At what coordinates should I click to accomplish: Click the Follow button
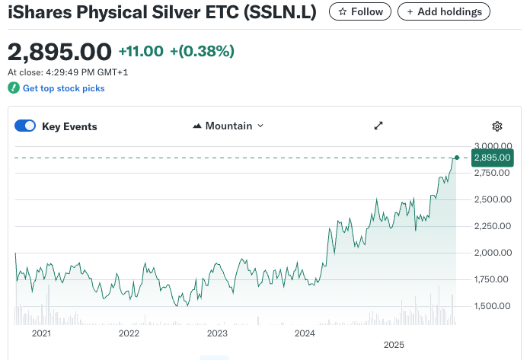(360, 12)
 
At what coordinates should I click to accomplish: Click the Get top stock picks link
(63, 88)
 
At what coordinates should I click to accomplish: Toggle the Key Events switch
(25, 126)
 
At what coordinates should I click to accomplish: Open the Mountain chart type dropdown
(228, 126)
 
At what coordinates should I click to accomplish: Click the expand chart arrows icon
(378, 126)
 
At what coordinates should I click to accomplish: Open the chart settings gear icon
(497, 126)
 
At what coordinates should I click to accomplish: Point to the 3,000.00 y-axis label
(490, 146)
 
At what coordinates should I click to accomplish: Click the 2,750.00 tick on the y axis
(490, 173)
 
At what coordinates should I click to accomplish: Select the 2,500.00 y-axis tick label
(490, 199)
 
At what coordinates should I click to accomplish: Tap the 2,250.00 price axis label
(490, 226)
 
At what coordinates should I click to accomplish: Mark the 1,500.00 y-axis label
(490, 306)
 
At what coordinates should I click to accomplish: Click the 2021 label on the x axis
(41, 333)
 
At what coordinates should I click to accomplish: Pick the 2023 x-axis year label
(217, 333)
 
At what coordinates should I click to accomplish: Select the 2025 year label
(394, 344)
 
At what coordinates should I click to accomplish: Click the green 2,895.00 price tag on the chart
(492, 158)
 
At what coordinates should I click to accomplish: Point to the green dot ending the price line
(456, 158)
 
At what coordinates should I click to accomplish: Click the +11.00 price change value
(141, 51)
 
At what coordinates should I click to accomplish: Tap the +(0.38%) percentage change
(202, 51)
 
